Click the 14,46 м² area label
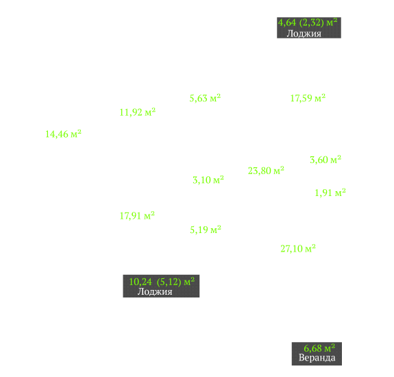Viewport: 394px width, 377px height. [63, 134]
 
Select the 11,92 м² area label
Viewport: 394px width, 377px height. [138, 112]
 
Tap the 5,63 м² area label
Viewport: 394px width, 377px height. [205, 98]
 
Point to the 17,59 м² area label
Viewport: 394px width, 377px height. [308, 98]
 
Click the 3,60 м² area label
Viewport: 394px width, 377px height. [325, 160]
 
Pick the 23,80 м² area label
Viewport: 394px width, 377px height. [266, 171]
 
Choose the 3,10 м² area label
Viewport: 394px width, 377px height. [208, 180]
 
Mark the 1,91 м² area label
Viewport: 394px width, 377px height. [330, 193]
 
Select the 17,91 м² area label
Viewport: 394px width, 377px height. [137, 216]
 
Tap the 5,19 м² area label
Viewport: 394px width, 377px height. [206, 230]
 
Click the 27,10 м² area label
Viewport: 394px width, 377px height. [298, 249]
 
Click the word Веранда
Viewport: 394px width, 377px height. [317, 358]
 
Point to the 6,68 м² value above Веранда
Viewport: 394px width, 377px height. [319, 348]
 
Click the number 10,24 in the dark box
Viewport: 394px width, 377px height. [140, 282]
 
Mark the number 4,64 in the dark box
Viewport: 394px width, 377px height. [287, 23]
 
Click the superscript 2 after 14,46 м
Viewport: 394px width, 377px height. [79, 132]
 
